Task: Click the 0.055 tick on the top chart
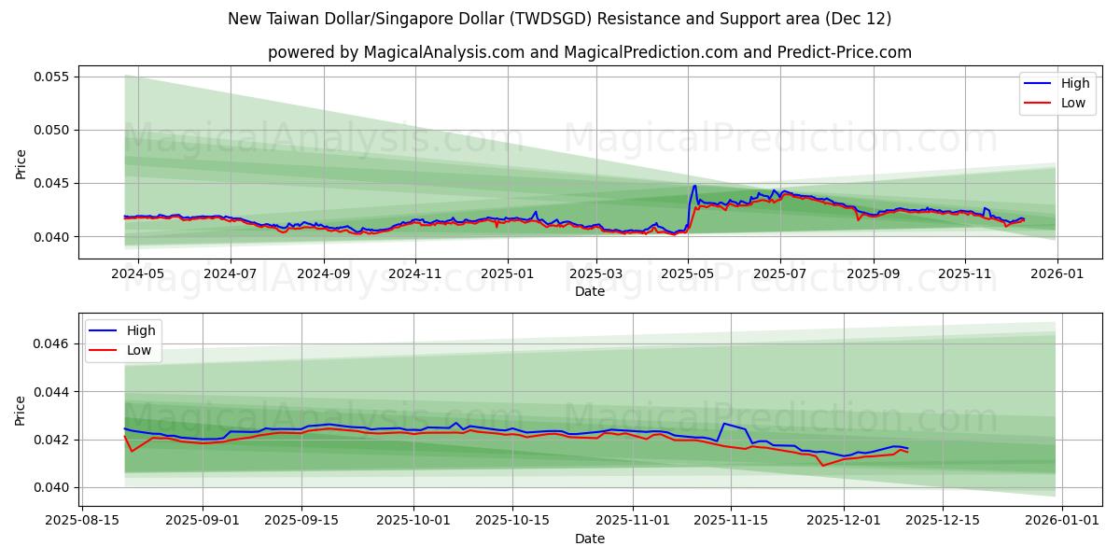pos(52,77)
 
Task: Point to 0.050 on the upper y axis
pos(52,130)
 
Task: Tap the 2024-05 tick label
pos(137,273)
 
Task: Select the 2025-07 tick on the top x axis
pos(779,273)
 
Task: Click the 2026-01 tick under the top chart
pos(1057,273)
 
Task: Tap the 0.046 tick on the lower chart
pos(52,344)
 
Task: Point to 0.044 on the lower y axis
pos(52,392)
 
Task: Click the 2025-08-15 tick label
pos(83,521)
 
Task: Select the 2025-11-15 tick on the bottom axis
pos(728,521)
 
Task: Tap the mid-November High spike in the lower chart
pos(723,424)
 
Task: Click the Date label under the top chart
pos(589,291)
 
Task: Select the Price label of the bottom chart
pos(21,410)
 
